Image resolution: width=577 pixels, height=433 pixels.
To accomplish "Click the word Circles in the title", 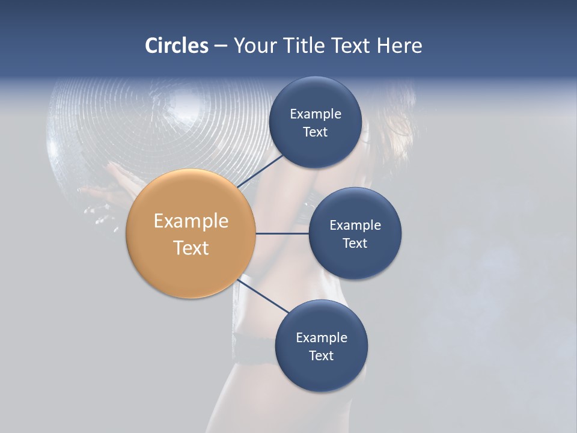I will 176,46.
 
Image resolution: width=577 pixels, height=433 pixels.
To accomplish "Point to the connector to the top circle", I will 260,171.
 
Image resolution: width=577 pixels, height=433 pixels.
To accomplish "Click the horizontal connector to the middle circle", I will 282,233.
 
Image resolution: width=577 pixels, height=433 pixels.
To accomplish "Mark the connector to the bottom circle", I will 263,295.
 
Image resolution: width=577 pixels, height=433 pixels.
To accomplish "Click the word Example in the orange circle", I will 191,221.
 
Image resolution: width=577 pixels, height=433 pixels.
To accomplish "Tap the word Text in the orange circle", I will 191,248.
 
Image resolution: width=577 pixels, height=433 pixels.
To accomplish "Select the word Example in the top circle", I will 316,114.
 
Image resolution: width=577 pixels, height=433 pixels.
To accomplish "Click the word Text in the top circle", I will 315,132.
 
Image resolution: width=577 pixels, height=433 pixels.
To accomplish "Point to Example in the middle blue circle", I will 355,226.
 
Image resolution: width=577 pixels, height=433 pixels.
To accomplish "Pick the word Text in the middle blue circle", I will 355,244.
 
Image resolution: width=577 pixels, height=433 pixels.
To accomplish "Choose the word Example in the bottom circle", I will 322,338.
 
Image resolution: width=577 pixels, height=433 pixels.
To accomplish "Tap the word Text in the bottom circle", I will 321,356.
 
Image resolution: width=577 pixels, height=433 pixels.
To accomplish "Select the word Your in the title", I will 253,46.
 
